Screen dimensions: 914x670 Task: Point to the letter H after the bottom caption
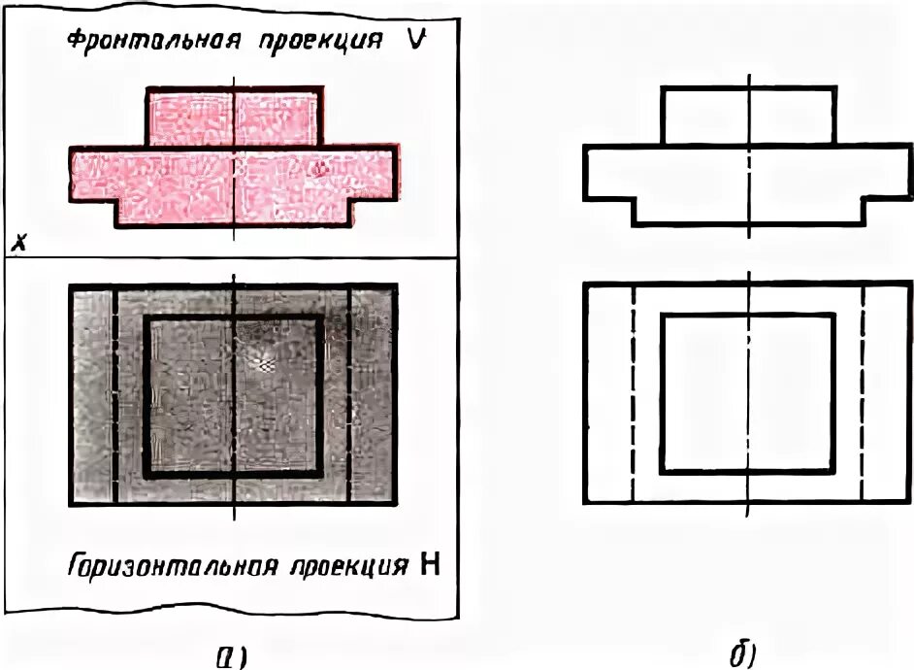coord(428,566)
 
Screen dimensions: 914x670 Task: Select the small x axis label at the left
coord(17,244)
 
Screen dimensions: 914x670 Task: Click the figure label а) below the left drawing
coord(230,655)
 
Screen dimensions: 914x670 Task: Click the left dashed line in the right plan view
coord(633,393)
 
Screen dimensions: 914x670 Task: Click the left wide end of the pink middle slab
coord(92,175)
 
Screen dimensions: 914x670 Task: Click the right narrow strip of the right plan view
coord(886,393)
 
